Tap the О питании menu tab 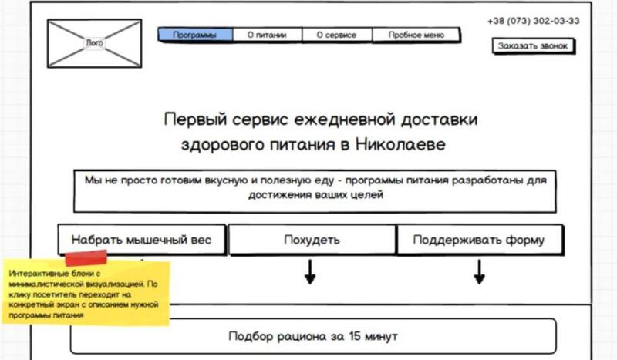(267, 35)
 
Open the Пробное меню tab (416, 35)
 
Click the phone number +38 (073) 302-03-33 (534, 21)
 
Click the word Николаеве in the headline (403, 145)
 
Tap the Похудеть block (312, 240)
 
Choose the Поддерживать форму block (478, 240)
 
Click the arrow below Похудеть (310, 271)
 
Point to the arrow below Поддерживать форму (479, 271)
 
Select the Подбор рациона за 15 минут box (312, 337)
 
